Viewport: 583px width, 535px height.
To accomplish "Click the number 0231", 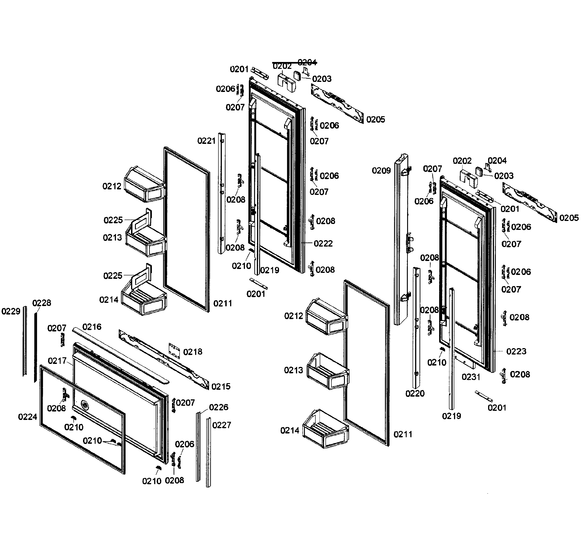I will coord(471,377).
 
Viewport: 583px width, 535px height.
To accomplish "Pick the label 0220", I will coord(415,393).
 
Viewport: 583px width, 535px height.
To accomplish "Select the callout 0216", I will coord(92,327).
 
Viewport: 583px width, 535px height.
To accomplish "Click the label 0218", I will coord(193,352).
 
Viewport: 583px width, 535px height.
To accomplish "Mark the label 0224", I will coord(27,417).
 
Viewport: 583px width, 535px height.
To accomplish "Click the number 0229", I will coord(11,311).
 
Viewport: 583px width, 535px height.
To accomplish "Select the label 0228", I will coord(41,303).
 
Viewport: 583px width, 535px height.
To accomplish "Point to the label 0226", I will coord(219,407).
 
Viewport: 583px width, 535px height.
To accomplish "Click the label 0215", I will coord(221,387).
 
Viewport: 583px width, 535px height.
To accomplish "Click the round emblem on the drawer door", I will coord(84,404).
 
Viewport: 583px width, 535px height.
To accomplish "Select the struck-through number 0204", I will coord(307,62).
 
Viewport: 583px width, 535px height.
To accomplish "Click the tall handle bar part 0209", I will coord(401,240).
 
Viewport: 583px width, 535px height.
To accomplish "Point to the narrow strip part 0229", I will coord(25,342).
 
